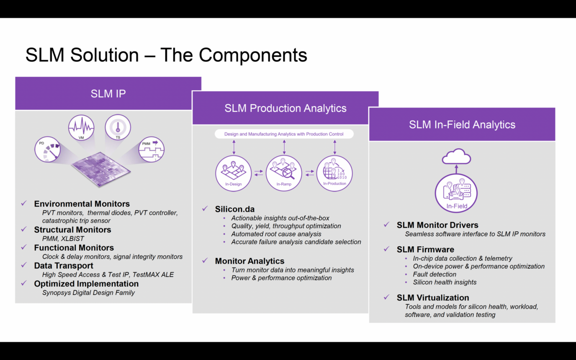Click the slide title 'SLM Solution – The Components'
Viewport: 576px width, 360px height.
click(x=166, y=55)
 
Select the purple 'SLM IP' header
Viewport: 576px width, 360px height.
click(x=108, y=94)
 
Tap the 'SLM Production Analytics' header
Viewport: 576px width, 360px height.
click(x=285, y=108)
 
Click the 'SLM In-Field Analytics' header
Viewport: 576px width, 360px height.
click(x=462, y=124)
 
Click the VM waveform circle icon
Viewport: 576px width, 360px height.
click(x=82, y=128)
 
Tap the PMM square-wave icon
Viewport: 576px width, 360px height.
click(x=152, y=150)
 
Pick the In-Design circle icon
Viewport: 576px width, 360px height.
click(x=233, y=173)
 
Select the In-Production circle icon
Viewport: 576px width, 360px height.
click(x=335, y=173)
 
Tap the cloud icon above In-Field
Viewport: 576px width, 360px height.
click(x=456, y=156)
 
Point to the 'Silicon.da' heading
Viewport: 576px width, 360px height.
click(x=235, y=209)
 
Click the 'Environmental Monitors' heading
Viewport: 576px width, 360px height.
click(x=82, y=204)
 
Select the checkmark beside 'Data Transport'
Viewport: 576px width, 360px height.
click(x=24, y=265)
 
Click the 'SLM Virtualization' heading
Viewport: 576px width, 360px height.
click(x=432, y=298)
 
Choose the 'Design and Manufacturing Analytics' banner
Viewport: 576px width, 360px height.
click(x=284, y=134)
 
